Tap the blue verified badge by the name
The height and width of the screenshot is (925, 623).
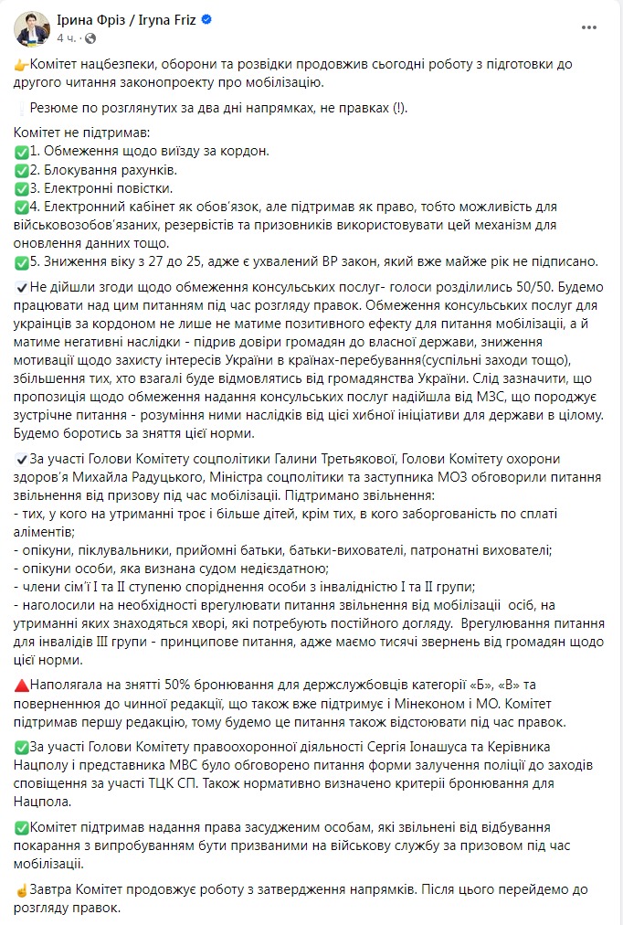pyautogui.click(x=208, y=20)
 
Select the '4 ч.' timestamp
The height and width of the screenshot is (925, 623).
pyautogui.click(x=66, y=38)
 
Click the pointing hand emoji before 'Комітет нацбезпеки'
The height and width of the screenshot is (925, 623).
pyautogui.click(x=22, y=66)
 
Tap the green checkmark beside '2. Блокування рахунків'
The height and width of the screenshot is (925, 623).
pyautogui.click(x=22, y=170)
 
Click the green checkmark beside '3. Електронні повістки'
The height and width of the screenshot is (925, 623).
pyautogui.click(x=22, y=188)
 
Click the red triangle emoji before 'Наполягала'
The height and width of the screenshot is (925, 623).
pyautogui.click(x=22, y=686)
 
